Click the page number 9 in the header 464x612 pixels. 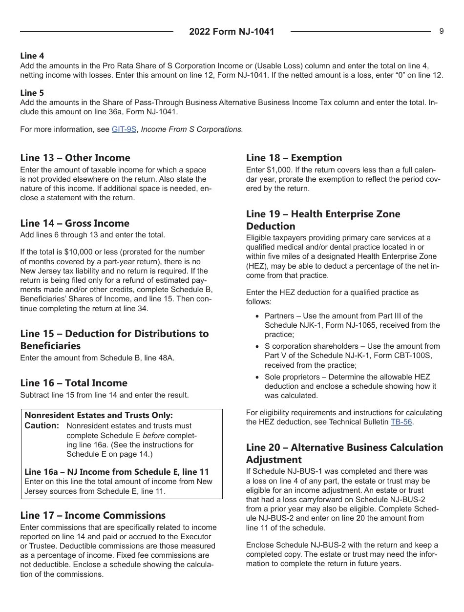(x=441, y=31)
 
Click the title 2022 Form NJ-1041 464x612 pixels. (x=232, y=32)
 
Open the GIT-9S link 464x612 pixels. (x=124, y=129)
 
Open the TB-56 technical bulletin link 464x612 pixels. (x=401, y=422)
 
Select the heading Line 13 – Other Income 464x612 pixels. (x=75, y=158)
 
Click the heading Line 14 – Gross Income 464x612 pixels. (x=75, y=223)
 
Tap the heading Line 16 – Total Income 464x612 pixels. (x=74, y=383)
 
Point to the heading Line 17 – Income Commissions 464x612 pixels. (x=93, y=515)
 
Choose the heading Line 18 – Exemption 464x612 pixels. (x=294, y=158)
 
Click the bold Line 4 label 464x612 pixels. (x=32, y=56)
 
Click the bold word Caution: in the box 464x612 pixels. (x=42, y=426)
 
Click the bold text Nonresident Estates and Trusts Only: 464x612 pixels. (x=99, y=416)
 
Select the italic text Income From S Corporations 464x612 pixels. (x=192, y=129)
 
